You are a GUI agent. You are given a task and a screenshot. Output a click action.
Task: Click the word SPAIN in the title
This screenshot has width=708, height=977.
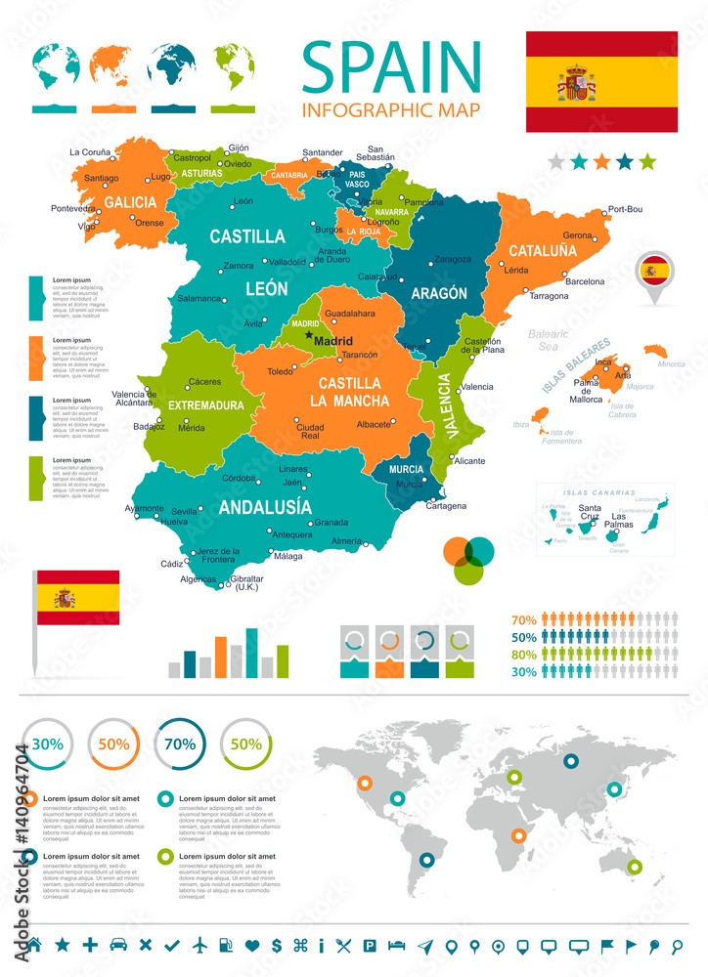point(391,64)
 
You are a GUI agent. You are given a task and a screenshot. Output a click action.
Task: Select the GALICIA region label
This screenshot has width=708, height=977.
point(130,202)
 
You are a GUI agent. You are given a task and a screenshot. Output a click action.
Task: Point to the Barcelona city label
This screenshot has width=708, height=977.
point(585,281)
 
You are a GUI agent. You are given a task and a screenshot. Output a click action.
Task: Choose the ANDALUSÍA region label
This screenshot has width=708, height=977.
point(265,507)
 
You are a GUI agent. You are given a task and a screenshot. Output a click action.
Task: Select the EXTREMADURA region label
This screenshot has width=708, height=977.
point(205,404)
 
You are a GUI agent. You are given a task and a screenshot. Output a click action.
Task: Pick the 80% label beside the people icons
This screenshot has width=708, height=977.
point(523,655)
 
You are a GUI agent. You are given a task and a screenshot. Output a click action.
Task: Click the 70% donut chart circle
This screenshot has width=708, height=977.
point(179,743)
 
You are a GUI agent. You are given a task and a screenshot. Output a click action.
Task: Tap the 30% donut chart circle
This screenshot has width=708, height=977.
point(47,743)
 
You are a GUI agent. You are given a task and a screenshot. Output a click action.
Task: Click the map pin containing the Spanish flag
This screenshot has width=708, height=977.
point(653,270)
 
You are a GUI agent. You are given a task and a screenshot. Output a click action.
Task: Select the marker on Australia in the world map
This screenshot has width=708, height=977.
point(636,866)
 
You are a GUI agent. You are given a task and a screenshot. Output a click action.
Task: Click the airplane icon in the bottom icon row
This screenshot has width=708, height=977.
point(201,945)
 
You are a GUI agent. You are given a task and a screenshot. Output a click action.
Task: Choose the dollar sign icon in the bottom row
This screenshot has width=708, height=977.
point(277,945)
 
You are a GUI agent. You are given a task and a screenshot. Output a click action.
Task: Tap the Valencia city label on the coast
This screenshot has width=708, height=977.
point(477,387)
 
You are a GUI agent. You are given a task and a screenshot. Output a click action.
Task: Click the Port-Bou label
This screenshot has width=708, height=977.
point(625,209)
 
